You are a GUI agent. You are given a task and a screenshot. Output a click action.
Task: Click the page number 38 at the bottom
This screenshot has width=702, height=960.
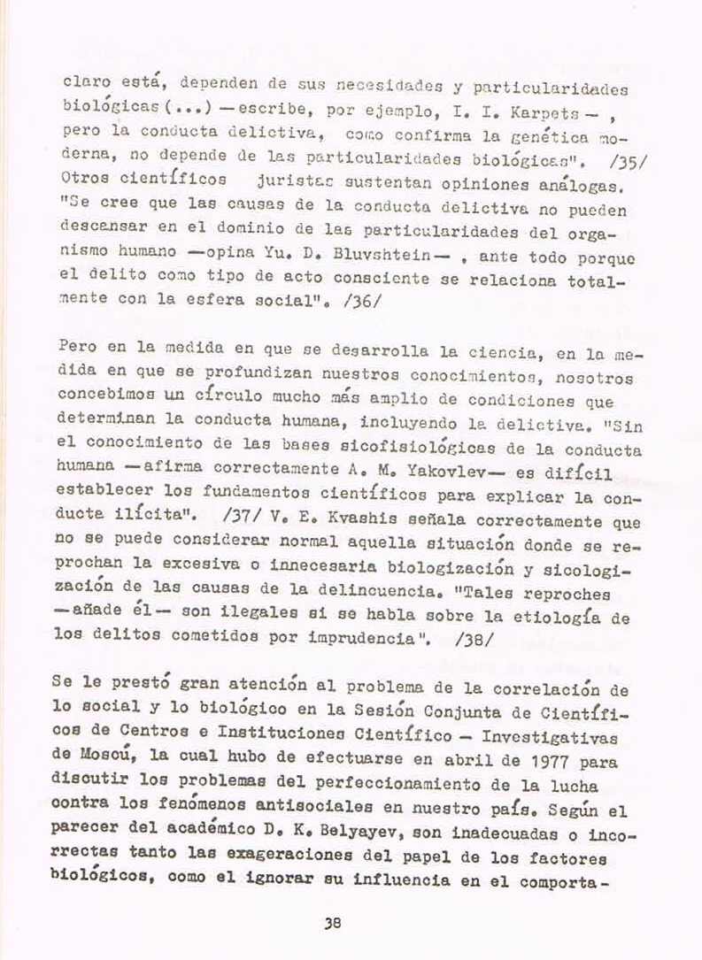pos(333,922)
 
